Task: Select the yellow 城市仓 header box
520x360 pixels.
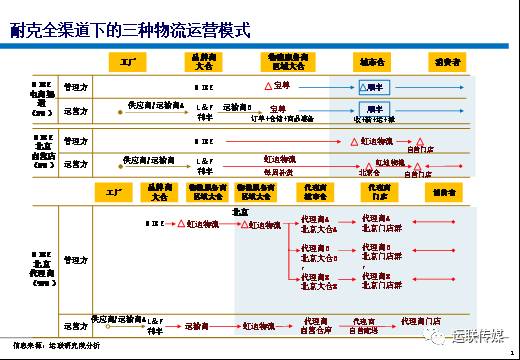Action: click(372, 62)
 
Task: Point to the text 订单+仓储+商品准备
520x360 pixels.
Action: click(283, 118)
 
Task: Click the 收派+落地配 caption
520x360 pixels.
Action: click(372, 118)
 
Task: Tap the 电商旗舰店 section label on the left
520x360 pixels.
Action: click(40, 100)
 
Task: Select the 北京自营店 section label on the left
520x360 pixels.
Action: click(40, 152)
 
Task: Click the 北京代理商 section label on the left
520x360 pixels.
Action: click(40, 267)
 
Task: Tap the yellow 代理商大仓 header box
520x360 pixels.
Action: click(316, 192)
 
